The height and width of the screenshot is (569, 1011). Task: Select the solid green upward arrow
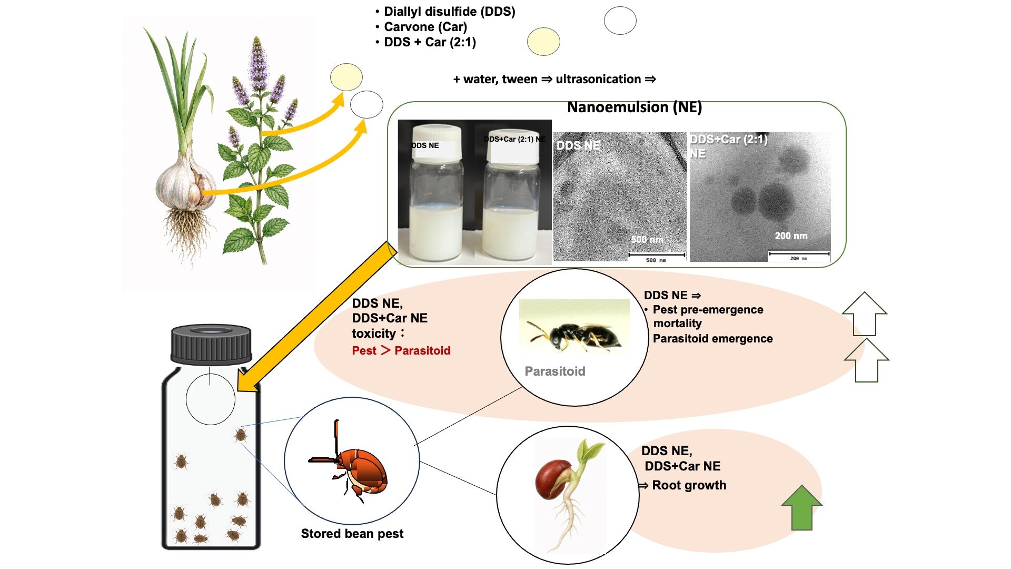pyautogui.click(x=801, y=507)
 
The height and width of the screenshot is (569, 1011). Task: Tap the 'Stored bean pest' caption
pyautogui.click(x=352, y=534)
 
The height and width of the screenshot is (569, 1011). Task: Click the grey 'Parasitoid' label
pyautogui.click(x=555, y=371)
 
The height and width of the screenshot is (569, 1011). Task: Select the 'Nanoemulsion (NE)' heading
pyautogui.click(x=635, y=107)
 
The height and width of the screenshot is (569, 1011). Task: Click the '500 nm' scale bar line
pyautogui.click(x=657, y=255)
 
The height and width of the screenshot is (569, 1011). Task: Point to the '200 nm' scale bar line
pyautogui.click(x=799, y=253)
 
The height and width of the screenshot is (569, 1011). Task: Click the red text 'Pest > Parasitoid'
pyautogui.click(x=401, y=350)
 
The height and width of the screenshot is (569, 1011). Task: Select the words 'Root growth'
pyautogui.click(x=689, y=485)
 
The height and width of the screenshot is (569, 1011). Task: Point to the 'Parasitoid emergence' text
pyautogui.click(x=713, y=339)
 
